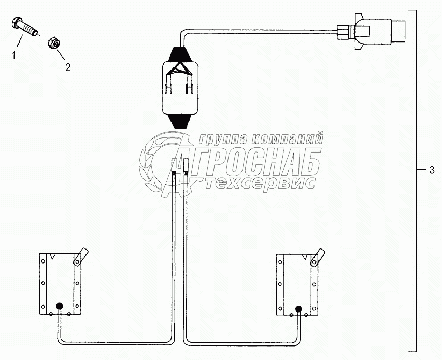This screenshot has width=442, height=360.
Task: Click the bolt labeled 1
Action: point(24,26)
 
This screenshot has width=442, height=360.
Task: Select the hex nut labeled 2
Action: point(54,43)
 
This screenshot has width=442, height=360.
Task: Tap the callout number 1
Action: point(13,56)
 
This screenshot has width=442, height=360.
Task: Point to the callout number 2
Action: point(68,67)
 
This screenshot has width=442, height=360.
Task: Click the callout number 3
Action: point(432,170)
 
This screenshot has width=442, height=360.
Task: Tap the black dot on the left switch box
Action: point(60,306)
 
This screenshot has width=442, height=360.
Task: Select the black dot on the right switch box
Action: point(298,309)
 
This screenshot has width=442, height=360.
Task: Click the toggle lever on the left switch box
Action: point(80,256)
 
